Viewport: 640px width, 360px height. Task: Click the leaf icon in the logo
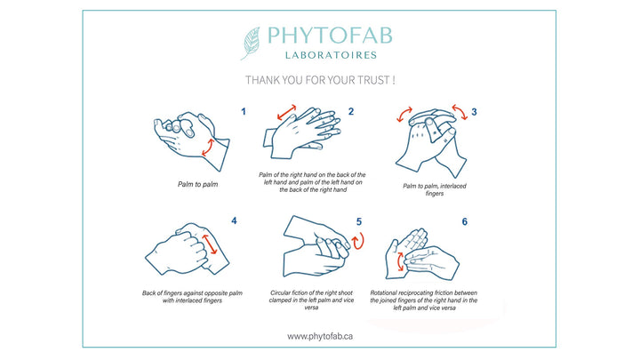point(251,44)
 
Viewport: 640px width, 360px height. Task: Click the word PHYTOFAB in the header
point(330,36)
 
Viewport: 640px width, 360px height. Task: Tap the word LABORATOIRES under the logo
point(331,55)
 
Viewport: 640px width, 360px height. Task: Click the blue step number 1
point(244,111)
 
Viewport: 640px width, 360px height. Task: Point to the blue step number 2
point(350,111)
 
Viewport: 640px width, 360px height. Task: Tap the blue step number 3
point(474,111)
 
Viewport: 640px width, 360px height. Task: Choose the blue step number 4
point(234,220)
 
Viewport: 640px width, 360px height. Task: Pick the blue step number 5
point(359,221)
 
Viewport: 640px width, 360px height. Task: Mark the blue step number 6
point(465,221)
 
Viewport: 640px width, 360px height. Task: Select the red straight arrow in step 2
point(286,112)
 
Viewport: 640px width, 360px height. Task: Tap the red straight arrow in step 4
point(210,244)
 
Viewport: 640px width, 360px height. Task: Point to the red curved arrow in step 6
point(399,262)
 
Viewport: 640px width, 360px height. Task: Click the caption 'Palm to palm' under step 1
point(198,184)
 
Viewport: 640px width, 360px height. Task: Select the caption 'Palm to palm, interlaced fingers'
point(435,189)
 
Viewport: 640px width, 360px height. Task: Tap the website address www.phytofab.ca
point(320,336)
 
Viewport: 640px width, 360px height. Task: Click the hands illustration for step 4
point(188,249)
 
